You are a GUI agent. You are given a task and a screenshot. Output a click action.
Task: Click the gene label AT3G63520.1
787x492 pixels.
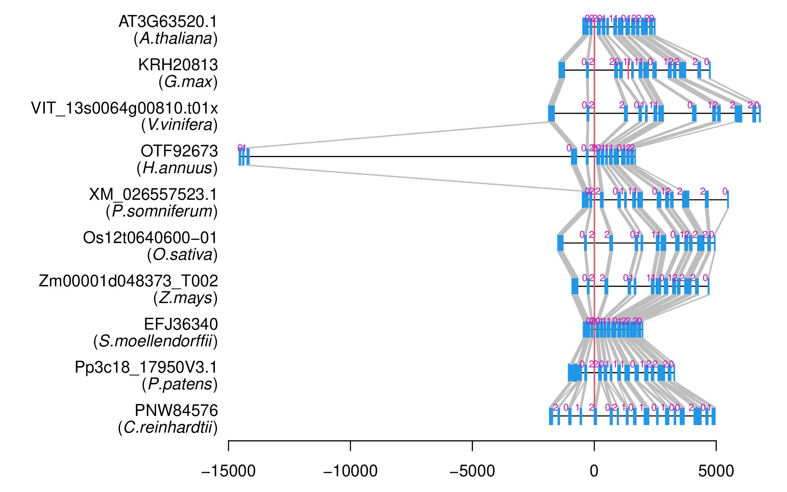(168, 22)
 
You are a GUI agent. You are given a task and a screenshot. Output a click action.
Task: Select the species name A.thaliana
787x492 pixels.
(176, 39)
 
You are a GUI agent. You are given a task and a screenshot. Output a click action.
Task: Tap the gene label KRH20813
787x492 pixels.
(178, 65)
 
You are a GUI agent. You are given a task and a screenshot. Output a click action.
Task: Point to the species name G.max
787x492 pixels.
(188, 82)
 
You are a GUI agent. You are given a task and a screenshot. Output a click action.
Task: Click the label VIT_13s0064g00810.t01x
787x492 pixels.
(124, 108)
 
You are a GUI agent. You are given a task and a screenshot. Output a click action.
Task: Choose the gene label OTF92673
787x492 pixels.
(179, 151)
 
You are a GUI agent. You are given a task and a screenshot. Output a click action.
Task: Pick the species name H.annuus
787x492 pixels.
(177, 168)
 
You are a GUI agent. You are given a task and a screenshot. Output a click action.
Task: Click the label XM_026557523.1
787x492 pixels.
(153, 195)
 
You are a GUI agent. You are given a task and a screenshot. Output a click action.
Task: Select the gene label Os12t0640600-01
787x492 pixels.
(150, 238)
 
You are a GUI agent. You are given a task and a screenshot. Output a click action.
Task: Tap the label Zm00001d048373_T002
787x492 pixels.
(128, 281)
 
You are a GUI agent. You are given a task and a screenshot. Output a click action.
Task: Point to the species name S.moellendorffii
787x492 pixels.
(155, 341)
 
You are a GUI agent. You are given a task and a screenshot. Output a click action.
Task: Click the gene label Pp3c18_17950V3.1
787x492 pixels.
(146, 367)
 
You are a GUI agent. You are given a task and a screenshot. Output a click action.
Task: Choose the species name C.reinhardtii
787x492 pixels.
(168, 428)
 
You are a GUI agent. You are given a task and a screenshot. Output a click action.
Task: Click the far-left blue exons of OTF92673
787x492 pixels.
(244, 157)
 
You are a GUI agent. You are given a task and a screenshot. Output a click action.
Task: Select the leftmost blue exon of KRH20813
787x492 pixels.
(562, 70)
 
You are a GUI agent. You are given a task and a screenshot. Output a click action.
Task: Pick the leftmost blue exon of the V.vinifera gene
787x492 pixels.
(552, 113)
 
